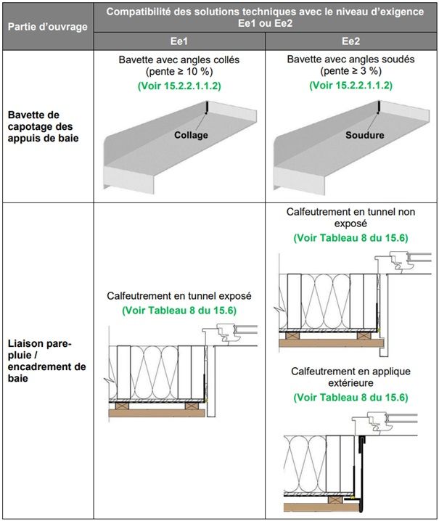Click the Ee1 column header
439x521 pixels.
179,42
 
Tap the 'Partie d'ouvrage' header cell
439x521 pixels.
47,27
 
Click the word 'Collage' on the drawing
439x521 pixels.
191,135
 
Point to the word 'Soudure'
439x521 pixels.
364,135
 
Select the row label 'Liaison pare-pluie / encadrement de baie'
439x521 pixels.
47,360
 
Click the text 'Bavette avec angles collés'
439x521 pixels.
179,60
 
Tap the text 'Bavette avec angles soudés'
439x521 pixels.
350,60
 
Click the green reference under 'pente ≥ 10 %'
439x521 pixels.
179,86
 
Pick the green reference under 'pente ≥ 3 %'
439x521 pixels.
350,86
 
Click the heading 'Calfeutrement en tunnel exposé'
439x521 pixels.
179,296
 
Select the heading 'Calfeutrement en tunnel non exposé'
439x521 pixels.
350,218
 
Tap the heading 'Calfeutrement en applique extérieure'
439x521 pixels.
350,377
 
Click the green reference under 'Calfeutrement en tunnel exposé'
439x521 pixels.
179,310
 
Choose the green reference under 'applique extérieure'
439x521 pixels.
350,397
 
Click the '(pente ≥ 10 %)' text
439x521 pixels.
179,73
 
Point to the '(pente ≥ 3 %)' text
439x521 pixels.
350,73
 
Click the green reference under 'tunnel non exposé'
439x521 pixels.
350,237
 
